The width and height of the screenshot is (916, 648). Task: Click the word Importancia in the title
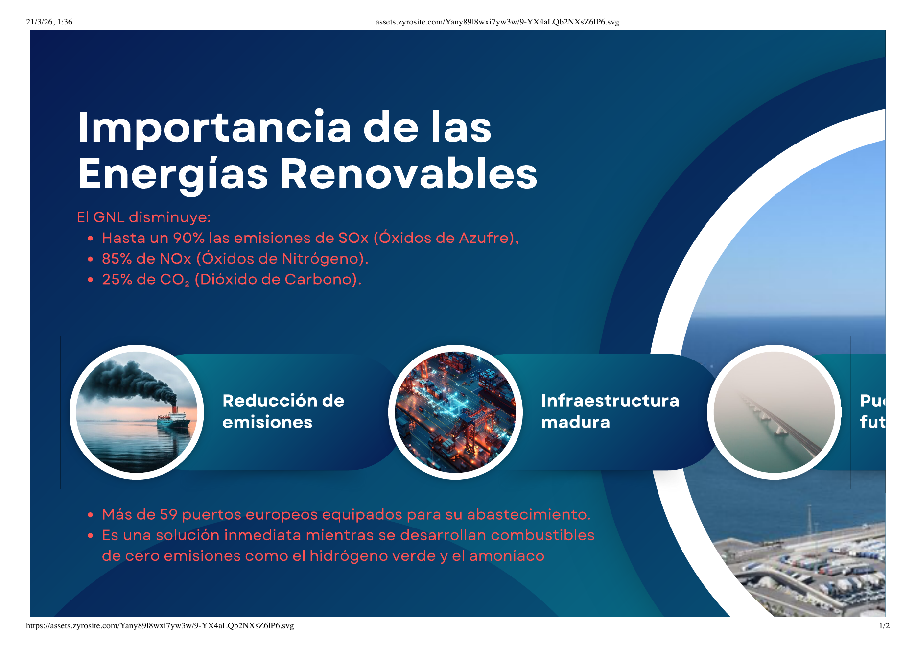[x=214, y=127]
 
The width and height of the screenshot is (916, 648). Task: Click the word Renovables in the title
[x=409, y=174]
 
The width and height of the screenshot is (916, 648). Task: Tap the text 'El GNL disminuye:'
[x=143, y=217]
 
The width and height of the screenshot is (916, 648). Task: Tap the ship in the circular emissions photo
[x=173, y=419]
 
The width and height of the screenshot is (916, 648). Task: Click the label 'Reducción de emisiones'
[x=283, y=411]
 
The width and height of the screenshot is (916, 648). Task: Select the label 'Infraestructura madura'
[x=610, y=411]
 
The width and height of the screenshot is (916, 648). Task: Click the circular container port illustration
[x=455, y=412]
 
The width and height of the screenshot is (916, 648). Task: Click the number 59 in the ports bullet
[x=168, y=515]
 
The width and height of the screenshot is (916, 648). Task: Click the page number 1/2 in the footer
[x=884, y=625]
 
